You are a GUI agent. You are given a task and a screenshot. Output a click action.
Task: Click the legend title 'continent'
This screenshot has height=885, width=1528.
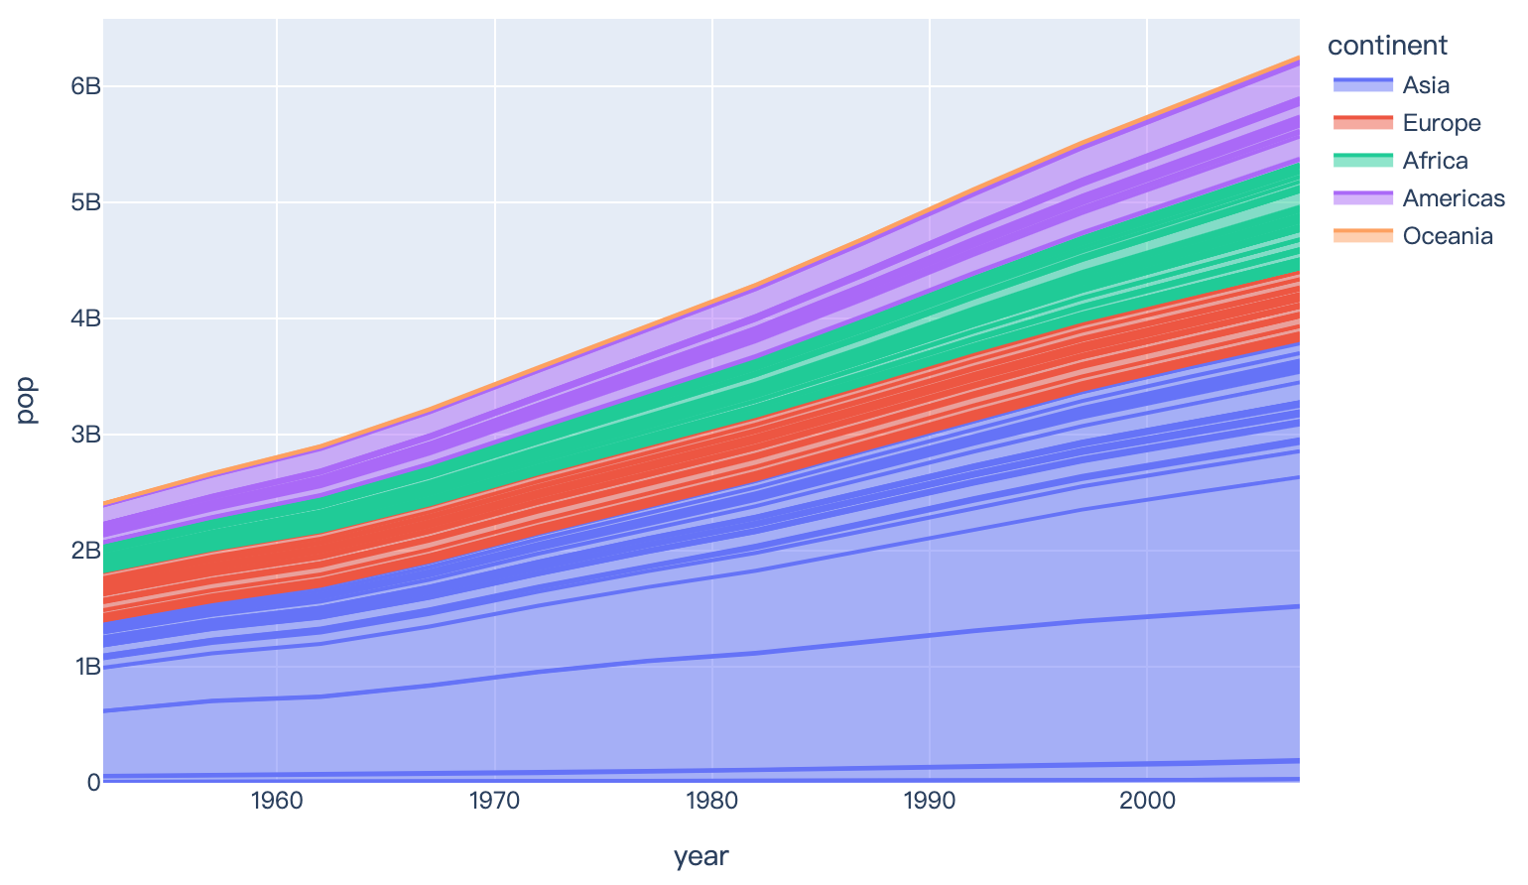coord(1387,46)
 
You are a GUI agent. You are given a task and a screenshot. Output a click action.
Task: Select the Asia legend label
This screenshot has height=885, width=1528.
coord(1426,85)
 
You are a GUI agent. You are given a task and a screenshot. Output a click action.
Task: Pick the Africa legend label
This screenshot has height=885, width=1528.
coord(1435,161)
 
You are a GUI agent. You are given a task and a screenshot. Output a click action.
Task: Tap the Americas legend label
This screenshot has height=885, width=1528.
coord(1454,198)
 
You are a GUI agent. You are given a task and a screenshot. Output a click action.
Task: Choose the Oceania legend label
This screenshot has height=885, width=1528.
coord(1448,236)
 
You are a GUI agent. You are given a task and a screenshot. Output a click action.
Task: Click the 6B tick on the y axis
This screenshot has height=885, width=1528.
coord(84,86)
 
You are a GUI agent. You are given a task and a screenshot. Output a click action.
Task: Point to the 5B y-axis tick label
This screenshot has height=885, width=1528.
coord(84,202)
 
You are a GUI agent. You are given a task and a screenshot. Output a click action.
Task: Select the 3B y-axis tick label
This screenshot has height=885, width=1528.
coord(84,435)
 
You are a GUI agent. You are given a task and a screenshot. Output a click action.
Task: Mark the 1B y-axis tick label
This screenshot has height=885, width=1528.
coord(84,666)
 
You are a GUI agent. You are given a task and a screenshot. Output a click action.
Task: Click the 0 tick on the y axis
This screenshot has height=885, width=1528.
coord(93,782)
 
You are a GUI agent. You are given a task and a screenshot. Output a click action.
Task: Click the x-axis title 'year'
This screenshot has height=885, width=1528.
coord(700,857)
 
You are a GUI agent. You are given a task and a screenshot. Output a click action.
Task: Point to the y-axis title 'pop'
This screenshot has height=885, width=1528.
coord(27,400)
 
